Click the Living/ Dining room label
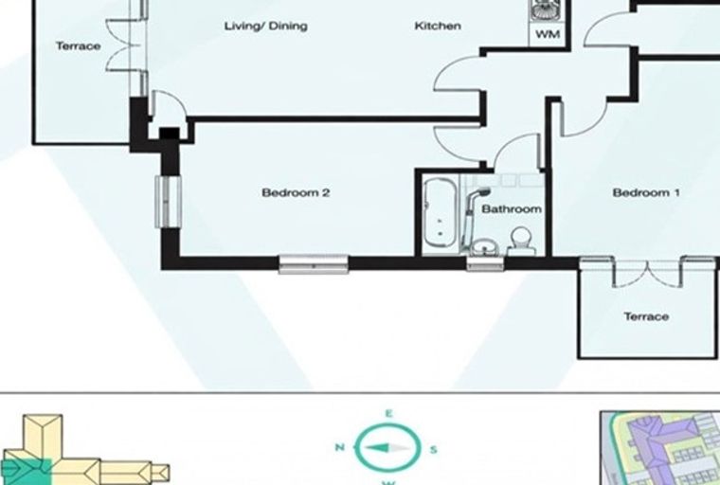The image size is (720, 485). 266,27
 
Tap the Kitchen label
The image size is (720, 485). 438,26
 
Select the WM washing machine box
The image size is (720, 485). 548,34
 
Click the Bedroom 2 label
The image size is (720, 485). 296,192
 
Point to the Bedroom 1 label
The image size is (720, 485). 646,192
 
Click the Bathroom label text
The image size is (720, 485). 511,209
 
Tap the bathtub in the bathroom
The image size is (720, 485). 440,212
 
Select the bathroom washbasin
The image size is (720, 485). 484,247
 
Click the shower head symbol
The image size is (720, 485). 482,192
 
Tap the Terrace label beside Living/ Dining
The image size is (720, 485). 78,45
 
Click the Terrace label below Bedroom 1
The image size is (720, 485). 646,316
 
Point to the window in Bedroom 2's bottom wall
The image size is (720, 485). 314,264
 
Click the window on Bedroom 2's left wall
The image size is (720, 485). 168,202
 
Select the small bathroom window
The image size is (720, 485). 485,263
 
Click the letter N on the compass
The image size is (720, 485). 340,447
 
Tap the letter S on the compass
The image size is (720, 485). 433,450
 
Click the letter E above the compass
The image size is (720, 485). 388,414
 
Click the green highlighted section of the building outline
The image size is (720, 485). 27,471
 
